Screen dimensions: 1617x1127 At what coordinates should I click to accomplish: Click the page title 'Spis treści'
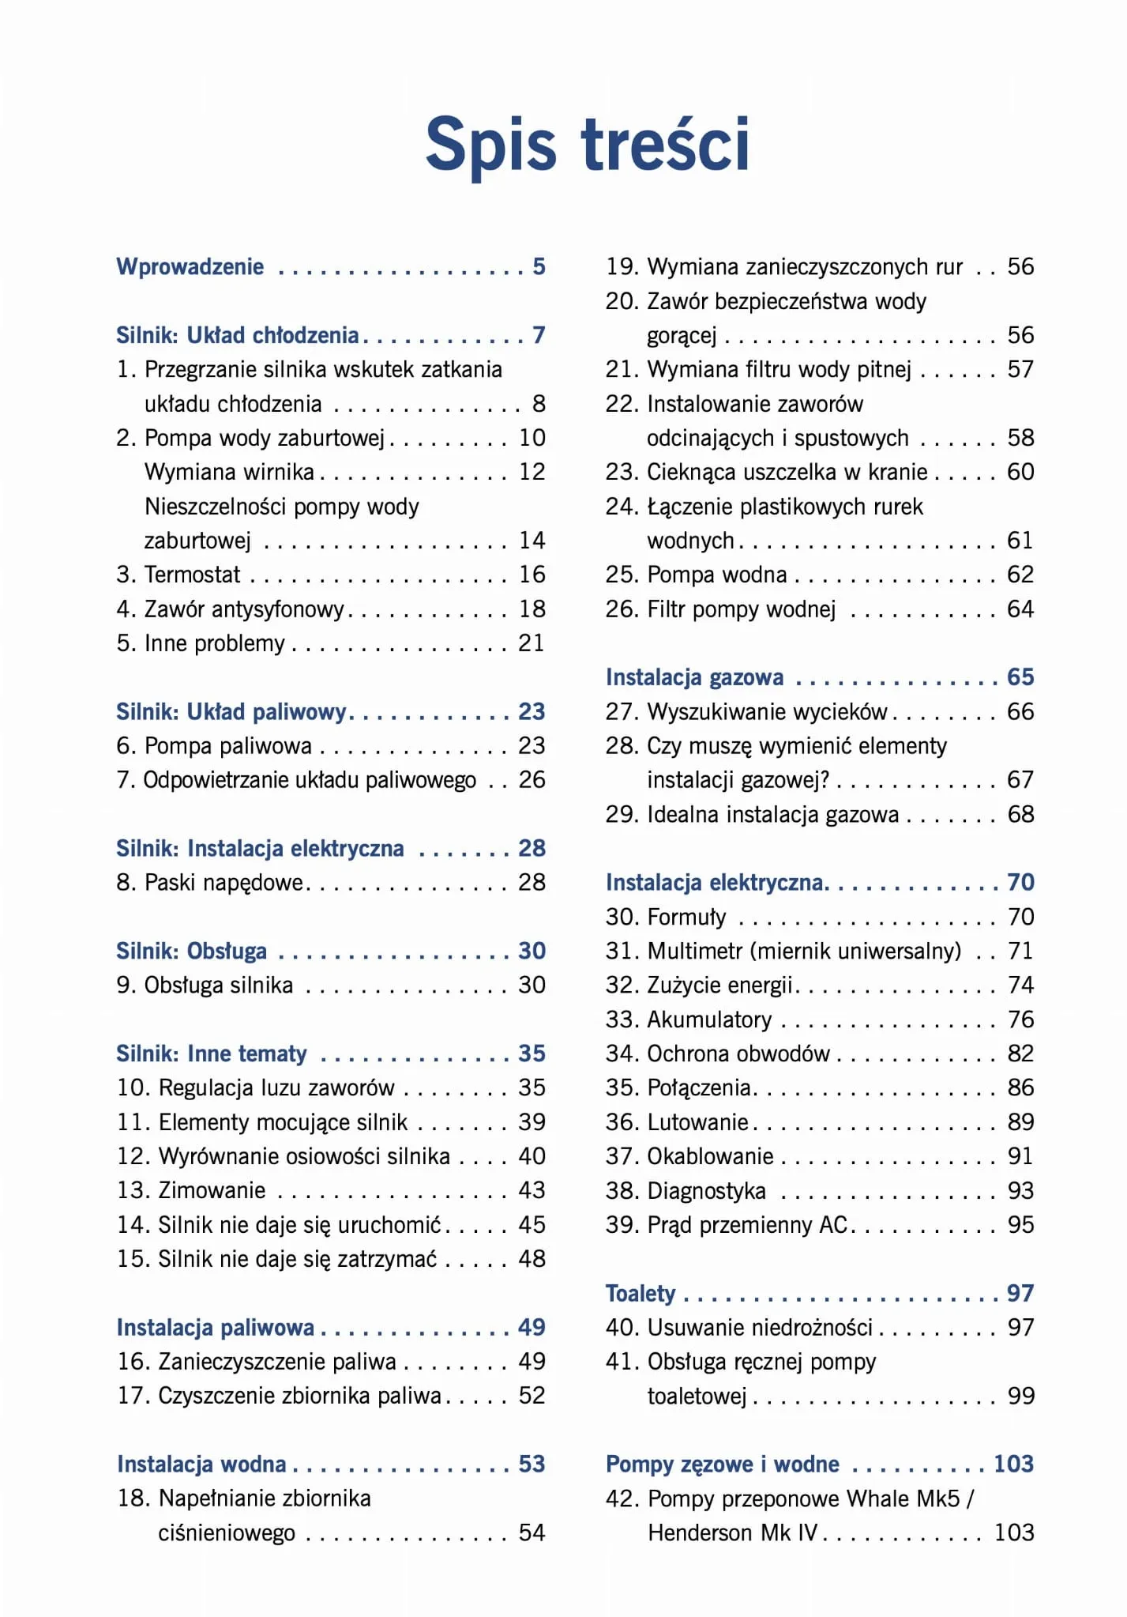(x=587, y=145)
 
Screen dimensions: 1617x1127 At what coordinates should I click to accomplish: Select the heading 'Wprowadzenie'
(x=190, y=266)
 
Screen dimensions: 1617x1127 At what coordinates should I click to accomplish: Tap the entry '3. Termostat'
(x=178, y=575)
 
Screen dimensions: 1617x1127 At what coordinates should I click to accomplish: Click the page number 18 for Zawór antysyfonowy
(x=532, y=609)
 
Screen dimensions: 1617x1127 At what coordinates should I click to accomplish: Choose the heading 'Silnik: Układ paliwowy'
(x=231, y=711)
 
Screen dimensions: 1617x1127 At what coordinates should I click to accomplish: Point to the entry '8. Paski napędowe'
(x=210, y=882)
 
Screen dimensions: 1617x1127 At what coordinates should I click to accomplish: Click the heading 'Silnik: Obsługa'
(x=192, y=951)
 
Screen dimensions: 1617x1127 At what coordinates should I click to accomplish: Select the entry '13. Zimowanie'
(x=192, y=1190)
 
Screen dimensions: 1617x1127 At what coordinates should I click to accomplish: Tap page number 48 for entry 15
(x=532, y=1258)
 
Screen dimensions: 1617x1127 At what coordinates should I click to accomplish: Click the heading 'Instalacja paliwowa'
(x=216, y=1327)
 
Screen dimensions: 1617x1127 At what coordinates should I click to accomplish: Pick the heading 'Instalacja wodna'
(x=201, y=1464)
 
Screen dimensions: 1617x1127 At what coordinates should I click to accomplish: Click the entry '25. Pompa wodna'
(x=697, y=575)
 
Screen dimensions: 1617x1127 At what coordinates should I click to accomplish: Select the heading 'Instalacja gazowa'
(x=695, y=677)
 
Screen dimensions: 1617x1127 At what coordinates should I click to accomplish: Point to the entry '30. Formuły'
(x=666, y=917)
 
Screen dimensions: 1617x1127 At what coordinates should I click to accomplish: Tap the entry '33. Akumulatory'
(x=689, y=1020)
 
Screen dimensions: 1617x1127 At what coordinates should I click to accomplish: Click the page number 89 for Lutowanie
(x=1020, y=1122)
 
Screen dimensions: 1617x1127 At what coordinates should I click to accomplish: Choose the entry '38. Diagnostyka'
(x=686, y=1190)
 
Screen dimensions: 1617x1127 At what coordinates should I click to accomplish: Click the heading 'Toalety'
(x=641, y=1293)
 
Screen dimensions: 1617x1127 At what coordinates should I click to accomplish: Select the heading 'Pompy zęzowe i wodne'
(x=723, y=1464)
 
